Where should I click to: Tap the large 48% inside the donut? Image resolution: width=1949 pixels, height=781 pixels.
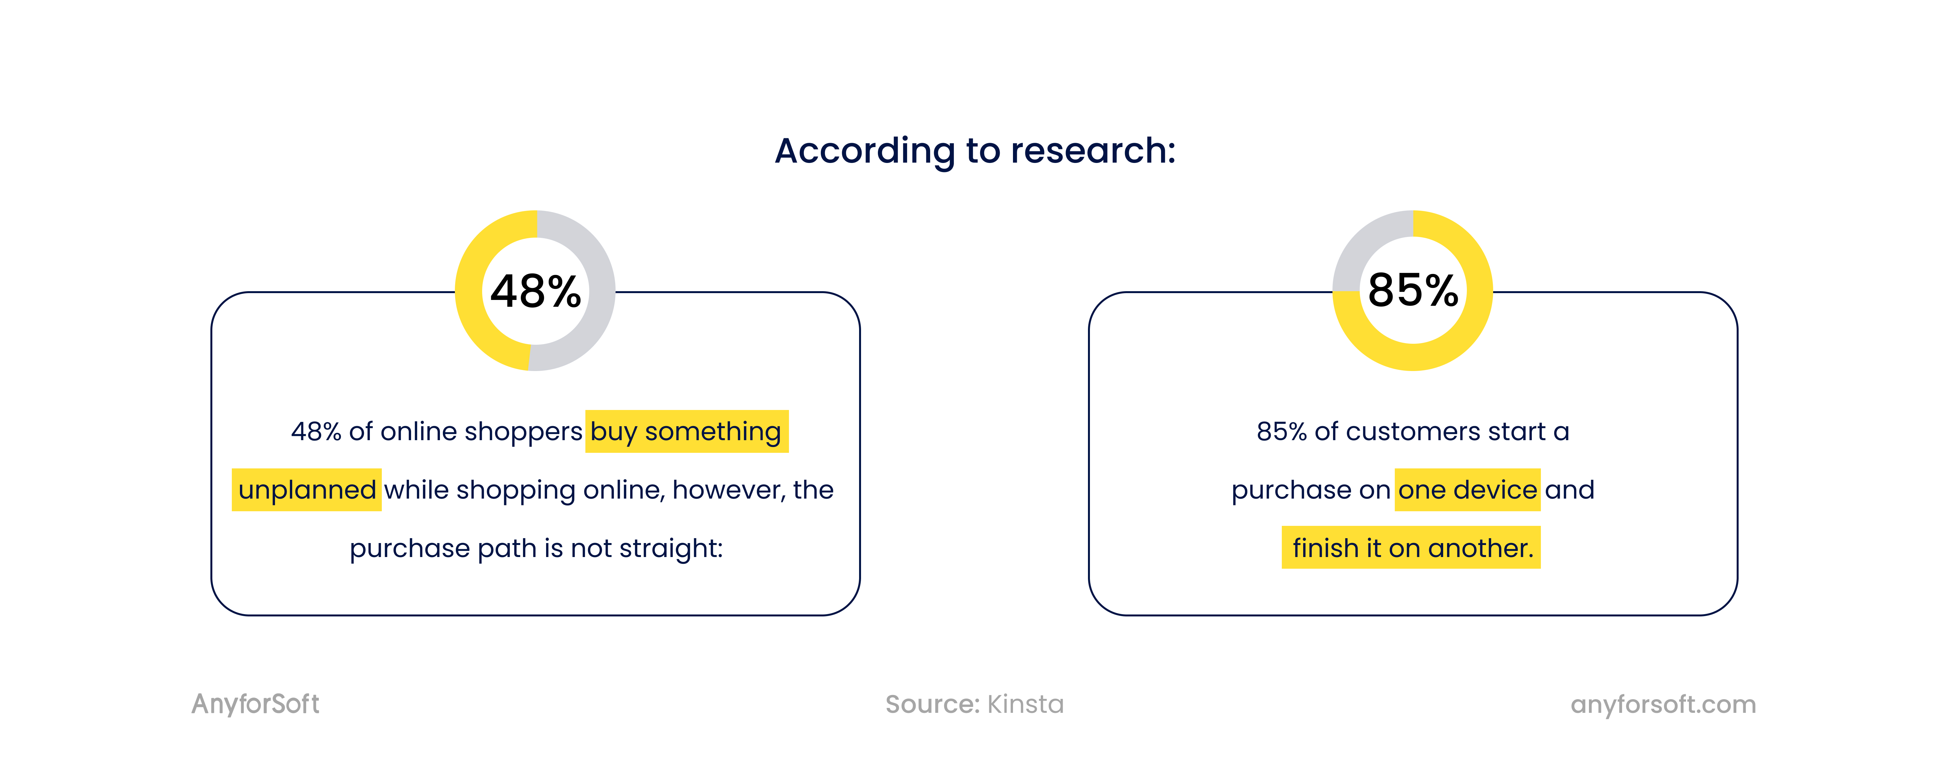tap(536, 291)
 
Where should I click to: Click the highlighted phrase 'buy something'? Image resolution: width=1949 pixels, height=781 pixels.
tap(686, 431)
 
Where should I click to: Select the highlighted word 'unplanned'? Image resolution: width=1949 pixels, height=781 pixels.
tap(306, 490)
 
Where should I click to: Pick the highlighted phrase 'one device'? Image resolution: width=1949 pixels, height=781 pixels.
tap(1467, 490)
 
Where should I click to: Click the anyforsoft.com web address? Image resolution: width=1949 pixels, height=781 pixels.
tap(1663, 705)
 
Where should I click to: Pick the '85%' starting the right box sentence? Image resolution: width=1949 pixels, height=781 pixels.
tap(1282, 431)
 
